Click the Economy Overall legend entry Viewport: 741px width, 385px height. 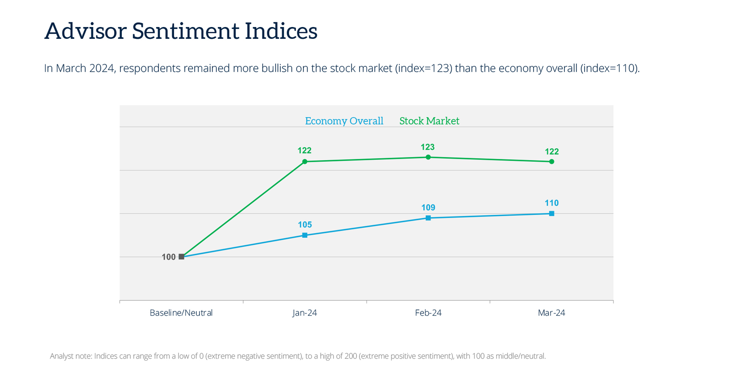tap(344, 121)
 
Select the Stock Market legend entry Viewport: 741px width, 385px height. tap(429, 121)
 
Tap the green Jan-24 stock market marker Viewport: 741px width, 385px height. tap(305, 162)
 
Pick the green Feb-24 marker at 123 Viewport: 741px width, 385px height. tap(428, 157)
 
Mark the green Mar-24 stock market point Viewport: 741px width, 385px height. tap(551, 162)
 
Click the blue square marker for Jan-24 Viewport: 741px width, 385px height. tap(305, 235)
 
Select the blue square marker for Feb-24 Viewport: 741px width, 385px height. tap(428, 218)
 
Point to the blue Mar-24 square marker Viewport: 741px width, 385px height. tap(551, 214)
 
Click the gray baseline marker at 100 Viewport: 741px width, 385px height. tap(182, 257)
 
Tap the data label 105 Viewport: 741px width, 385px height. tap(305, 225)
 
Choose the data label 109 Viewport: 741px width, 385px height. tap(428, 208)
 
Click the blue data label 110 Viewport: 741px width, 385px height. tap(551, 203)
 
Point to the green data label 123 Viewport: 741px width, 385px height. tap(427, 147)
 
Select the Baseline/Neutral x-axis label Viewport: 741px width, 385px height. tap(181, 313)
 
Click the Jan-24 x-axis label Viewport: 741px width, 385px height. tap(305, 313)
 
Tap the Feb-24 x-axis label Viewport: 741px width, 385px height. tap(428, 313)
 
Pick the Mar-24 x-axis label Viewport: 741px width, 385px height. tap(551, 313)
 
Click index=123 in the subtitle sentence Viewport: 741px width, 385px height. tap(423, 68)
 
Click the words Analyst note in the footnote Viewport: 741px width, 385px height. tap(71, 356)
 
